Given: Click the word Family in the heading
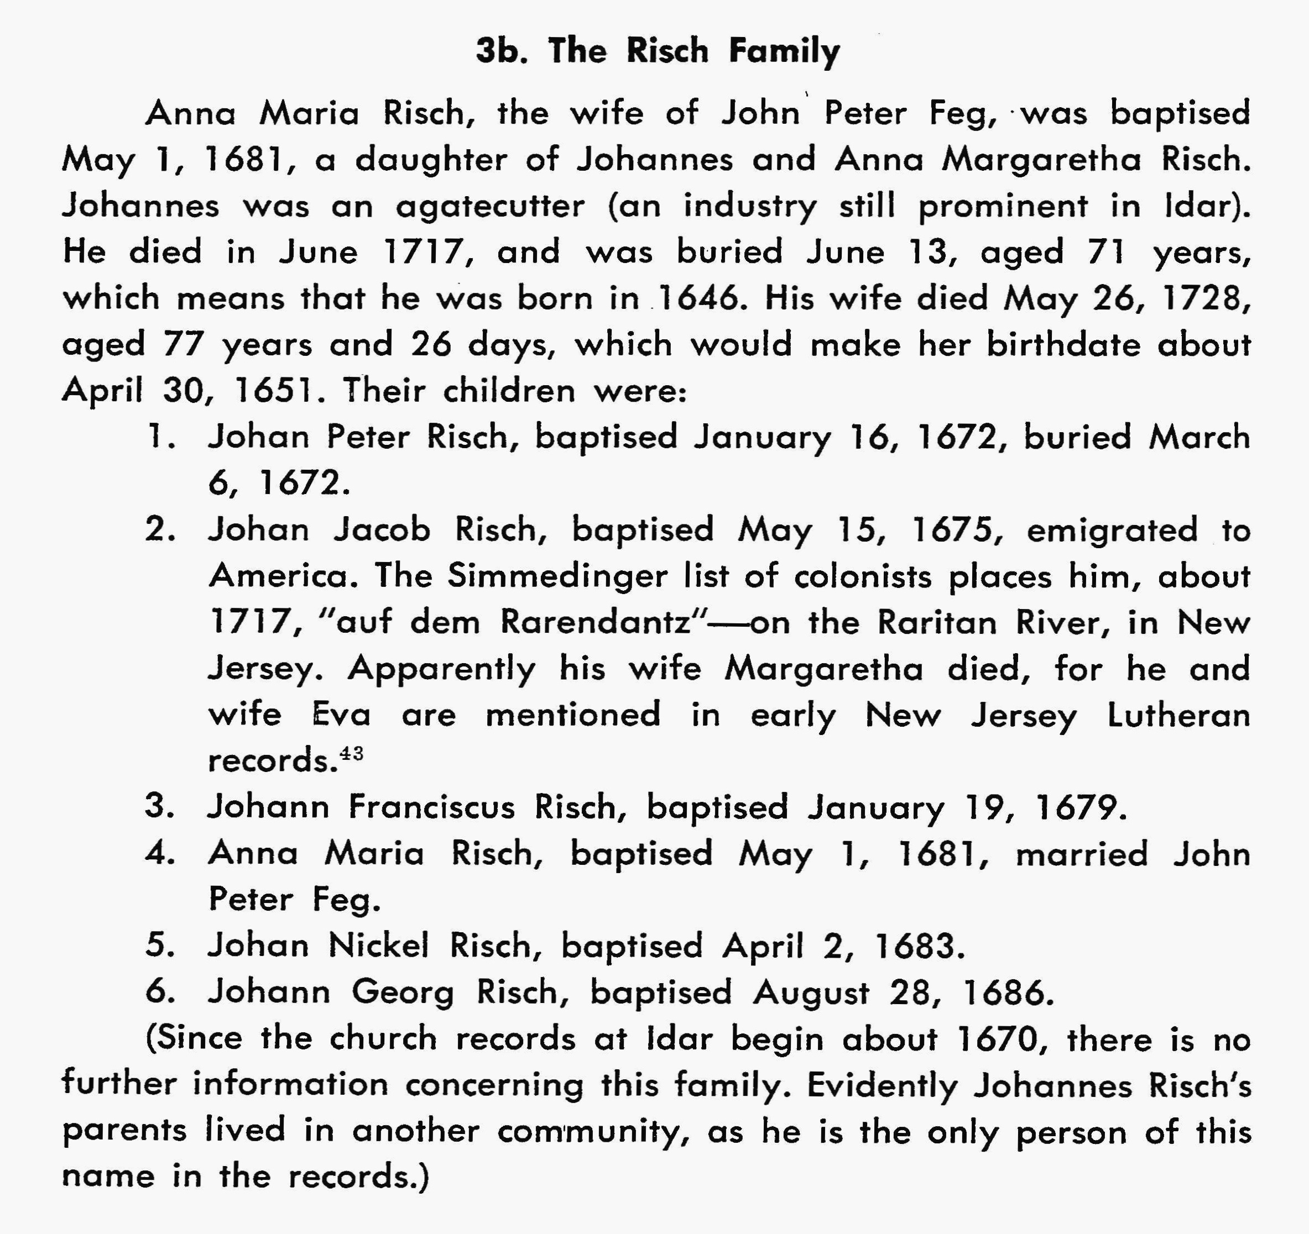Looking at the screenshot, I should (784, 51).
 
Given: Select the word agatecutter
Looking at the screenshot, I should (490, 206).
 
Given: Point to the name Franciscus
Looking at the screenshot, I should (431, 807).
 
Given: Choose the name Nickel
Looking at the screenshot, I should (378, 946).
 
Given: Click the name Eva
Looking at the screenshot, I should (341, 715).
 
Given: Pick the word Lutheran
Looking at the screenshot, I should (1178, 715).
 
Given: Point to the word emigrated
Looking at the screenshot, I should (1112, 530).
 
